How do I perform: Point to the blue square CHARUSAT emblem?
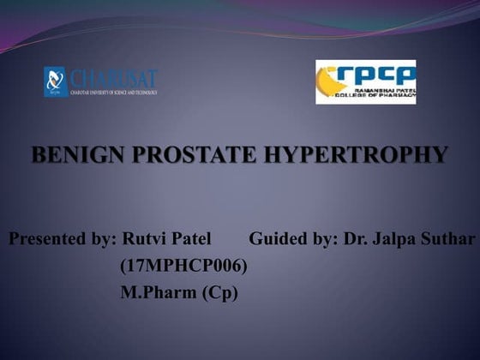click(56, 82)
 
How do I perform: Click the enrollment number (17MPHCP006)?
click(183, 266)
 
